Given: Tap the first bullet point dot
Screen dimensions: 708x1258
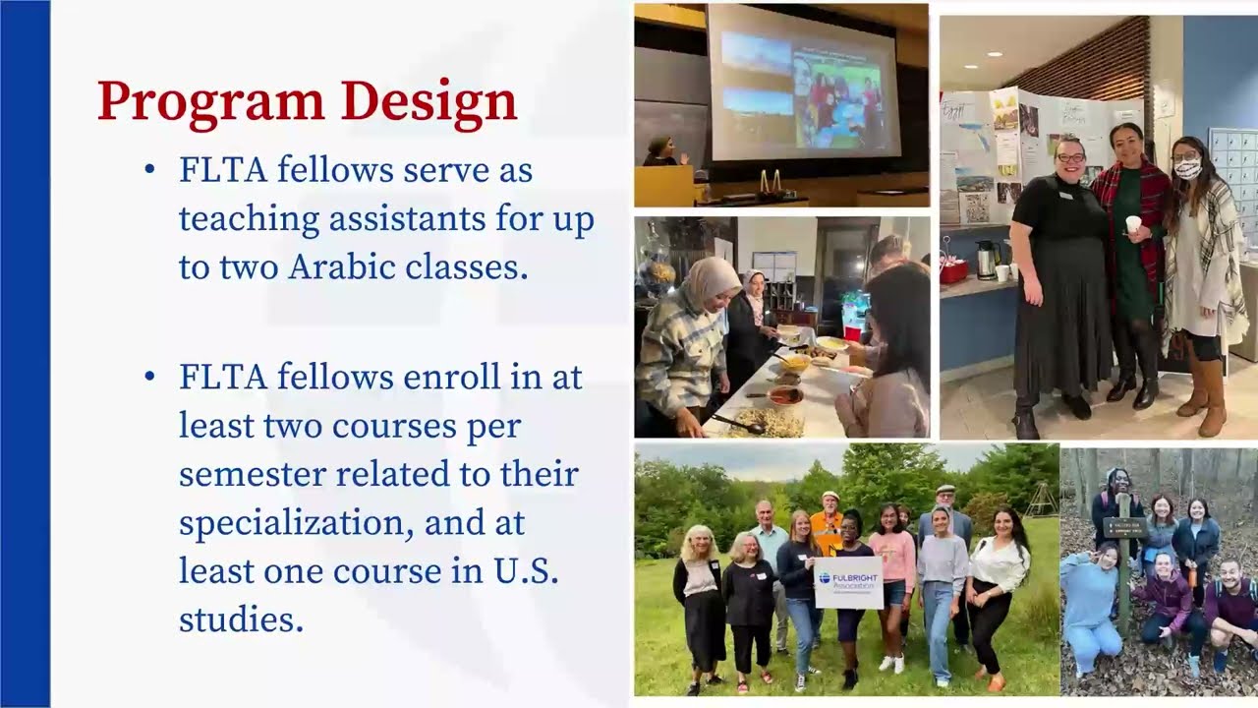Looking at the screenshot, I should coord(149,171).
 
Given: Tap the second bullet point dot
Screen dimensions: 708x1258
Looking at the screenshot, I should coord(149,378).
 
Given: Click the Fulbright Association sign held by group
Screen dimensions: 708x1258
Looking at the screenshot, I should coord(847,582).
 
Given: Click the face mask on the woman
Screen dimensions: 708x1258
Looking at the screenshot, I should coord(1188,169).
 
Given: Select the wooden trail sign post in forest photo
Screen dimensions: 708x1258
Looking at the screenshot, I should coord(1123,570).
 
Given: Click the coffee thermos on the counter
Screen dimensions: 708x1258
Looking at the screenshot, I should coord(986,260).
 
